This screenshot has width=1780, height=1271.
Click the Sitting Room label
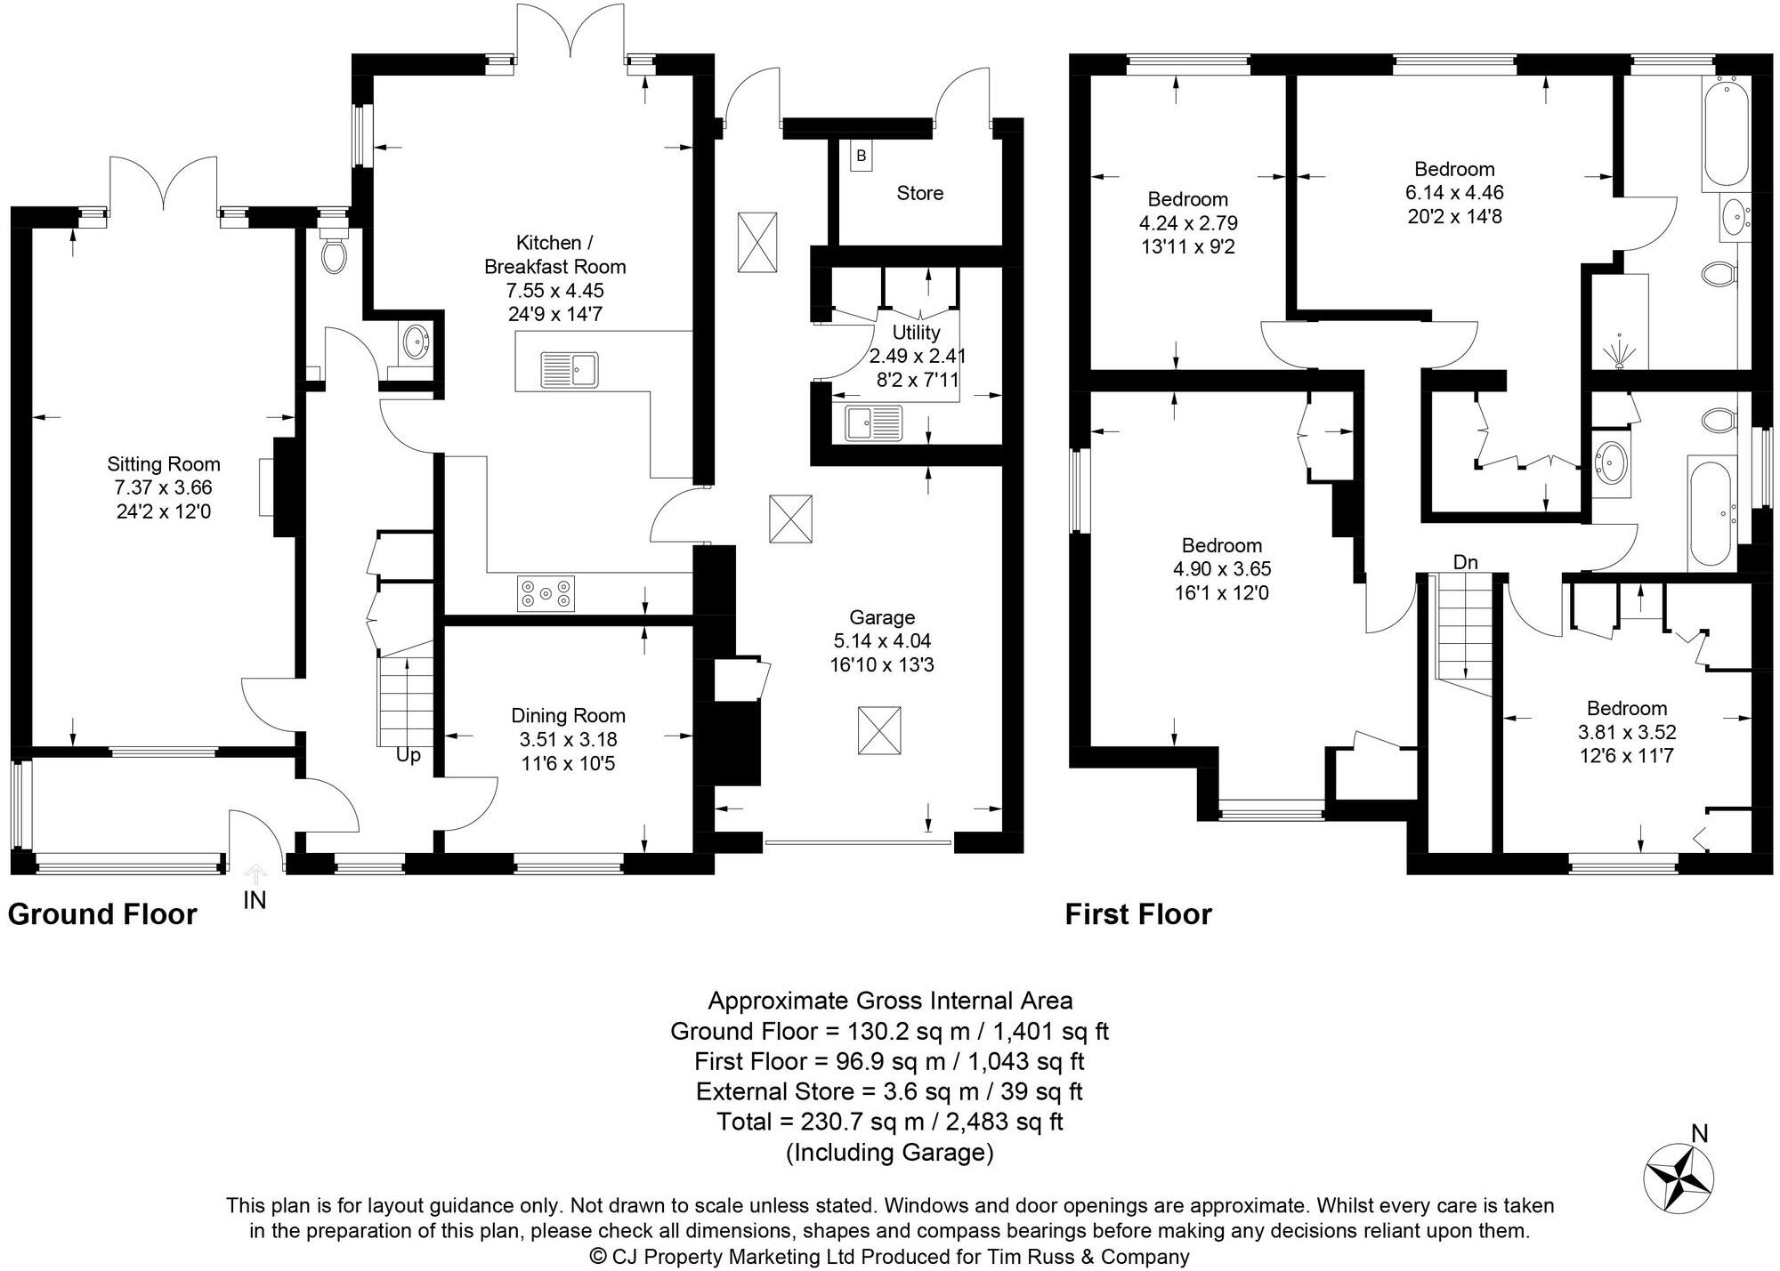tap(164, 463)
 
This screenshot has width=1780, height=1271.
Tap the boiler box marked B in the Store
tap(861, 157)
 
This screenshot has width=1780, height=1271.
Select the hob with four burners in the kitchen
tap(546, 593)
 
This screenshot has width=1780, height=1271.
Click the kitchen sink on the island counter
tap(570, 368)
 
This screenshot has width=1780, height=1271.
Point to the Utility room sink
tap(872, 423)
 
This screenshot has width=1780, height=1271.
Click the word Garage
tap(881, 617)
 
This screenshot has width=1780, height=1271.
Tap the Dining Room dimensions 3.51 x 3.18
tap(568, 739)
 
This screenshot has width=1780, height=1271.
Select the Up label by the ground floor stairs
tap(409, 755)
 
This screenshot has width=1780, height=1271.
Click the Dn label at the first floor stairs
tap(1465, 562)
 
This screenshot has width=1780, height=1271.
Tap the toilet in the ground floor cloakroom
tap(335, 254)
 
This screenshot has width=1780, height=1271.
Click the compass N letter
tap(1699, 1133)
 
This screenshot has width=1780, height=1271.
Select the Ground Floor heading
tap(102, 914)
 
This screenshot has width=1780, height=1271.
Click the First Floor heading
tap(1138, 914)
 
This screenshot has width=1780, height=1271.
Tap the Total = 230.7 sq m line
tap(890, 1122)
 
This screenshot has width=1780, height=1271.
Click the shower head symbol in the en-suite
tap(1619, 351)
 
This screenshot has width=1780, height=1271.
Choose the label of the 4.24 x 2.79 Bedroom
tap(1187, 199)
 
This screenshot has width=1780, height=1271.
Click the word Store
tap(919, 193)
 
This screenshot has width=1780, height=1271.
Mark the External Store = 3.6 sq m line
tap(890, 1091)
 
